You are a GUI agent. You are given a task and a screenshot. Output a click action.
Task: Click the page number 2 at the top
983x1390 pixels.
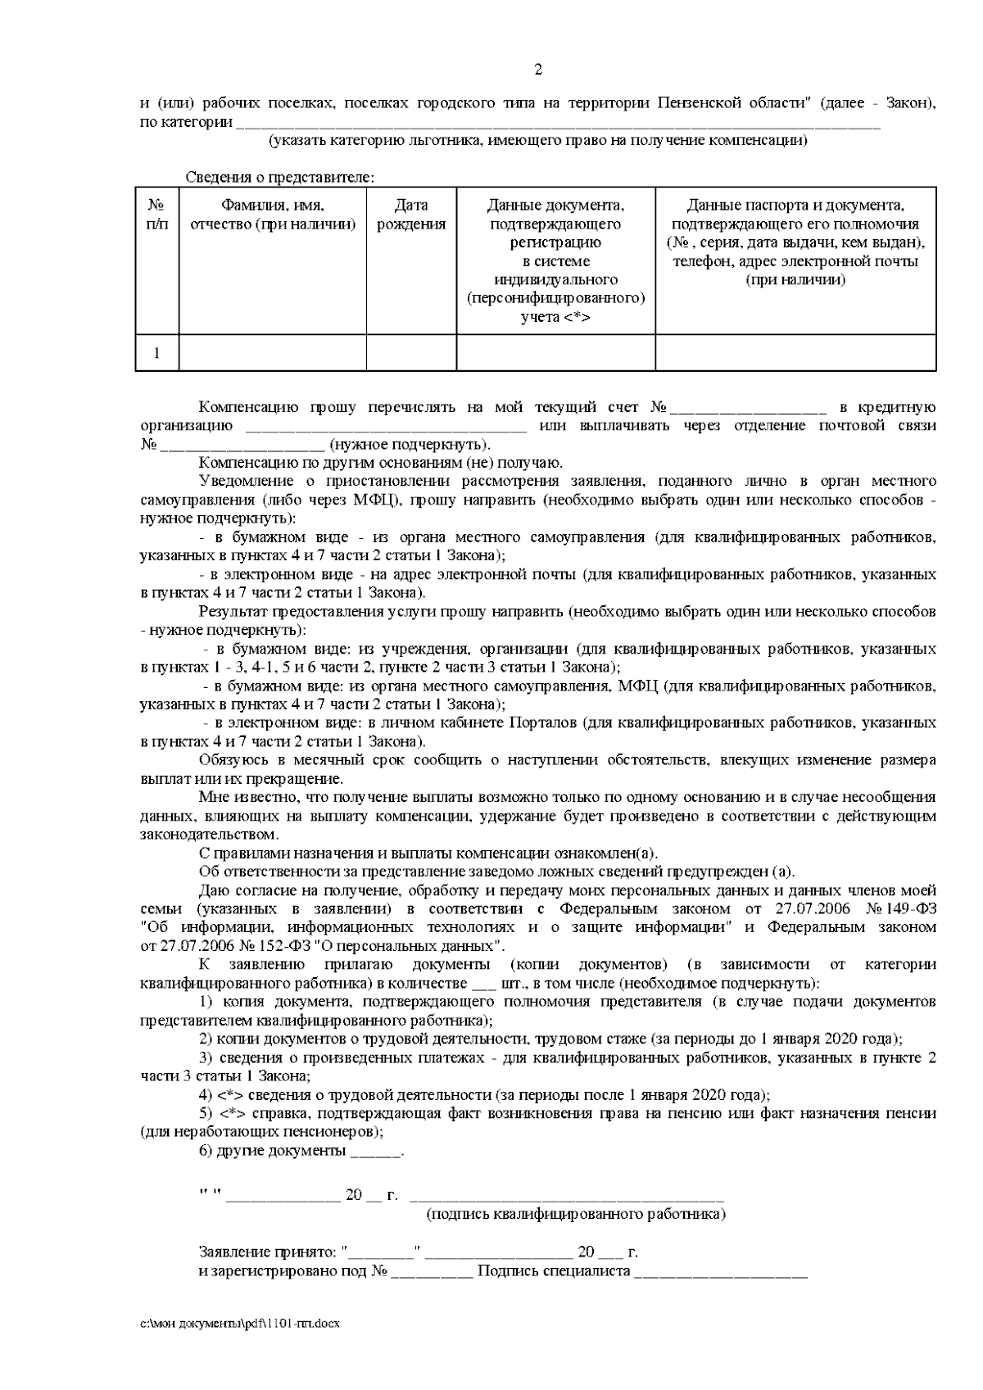point(538,70)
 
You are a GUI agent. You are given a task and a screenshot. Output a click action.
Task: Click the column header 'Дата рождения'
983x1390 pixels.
point(411,215)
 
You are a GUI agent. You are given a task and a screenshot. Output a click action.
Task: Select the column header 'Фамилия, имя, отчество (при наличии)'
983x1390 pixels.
point(273,215)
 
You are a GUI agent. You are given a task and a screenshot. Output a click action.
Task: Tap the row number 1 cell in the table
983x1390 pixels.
point(156,353)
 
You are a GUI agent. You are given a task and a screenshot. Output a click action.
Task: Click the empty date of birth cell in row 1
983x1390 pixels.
point(411,353)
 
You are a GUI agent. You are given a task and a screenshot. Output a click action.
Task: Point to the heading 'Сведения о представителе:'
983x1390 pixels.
point(280,177)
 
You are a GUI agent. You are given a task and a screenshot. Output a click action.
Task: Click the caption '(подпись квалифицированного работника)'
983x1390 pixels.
point(576,1214)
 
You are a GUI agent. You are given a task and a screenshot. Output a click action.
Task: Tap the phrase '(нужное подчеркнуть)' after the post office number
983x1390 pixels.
point(410,445)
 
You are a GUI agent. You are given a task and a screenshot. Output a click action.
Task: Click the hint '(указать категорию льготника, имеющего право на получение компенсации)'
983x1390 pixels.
point(538,141)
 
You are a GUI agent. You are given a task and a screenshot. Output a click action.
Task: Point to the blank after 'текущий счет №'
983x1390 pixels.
point(749,408)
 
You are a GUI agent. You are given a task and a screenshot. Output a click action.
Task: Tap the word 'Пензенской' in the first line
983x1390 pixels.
point(699,104)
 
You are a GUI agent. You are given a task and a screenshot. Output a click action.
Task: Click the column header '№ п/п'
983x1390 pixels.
point(156,215)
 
